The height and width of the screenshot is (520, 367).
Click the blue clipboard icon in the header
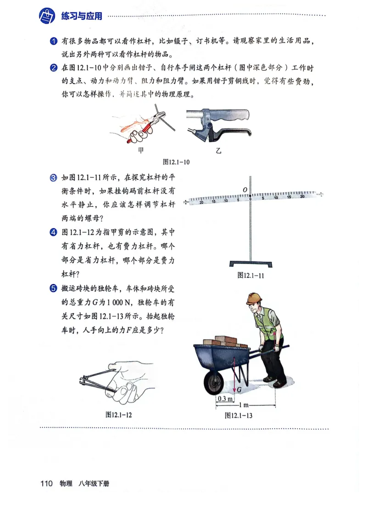[x=47, y=17]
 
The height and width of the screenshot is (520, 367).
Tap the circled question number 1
[x=53, y=42]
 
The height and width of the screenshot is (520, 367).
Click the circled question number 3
[x=53, y=178]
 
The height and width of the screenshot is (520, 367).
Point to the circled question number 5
[x=53, y=288]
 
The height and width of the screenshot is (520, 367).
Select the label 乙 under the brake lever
[x=218, y=150]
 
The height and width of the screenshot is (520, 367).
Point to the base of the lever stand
[x=250, y=264]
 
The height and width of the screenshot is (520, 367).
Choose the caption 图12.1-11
[x=250, y=276]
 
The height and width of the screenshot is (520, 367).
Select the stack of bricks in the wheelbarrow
[x=225, y=341]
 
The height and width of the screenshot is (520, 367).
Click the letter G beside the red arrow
[x=239, y=389]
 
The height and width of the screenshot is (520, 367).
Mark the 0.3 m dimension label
[x=224, y=399]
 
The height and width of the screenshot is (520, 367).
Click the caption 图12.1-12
[x=118, y=414]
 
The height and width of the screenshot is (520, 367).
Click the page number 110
[x=47, y=483]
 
